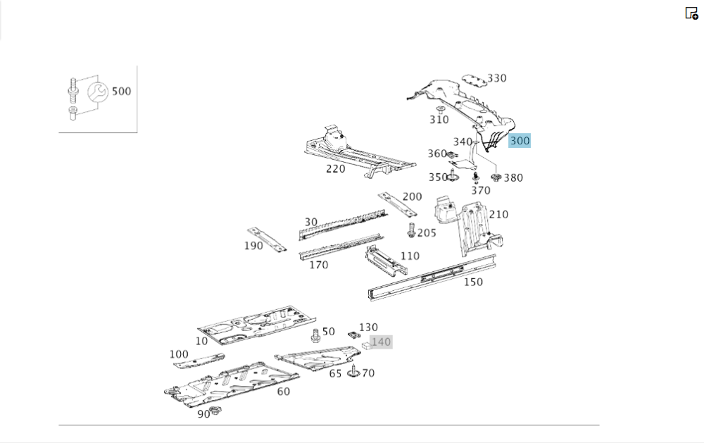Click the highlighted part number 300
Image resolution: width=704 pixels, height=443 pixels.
[x=520, y=141]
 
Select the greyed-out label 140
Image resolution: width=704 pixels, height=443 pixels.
[x=380, y=342]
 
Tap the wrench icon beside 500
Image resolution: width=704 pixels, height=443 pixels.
[x=98, y=92]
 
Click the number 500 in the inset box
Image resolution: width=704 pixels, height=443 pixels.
[x=121, y=92]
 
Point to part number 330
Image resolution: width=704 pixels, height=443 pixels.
[x=497, y=78]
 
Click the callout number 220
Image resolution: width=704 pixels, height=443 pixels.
[x=335, y=169]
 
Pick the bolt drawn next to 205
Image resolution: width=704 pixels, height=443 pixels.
[x=411, y=230]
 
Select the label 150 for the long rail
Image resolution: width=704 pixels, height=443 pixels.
[x=473, y=282]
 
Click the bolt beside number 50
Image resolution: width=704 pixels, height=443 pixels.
[x=315, y=335]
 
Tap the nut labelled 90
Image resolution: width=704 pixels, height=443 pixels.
[x=216, y=411]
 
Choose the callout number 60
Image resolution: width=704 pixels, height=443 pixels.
[x=283, y=392]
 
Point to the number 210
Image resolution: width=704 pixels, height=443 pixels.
[x=498, y=215]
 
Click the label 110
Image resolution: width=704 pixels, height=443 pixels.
[x=410, y=256]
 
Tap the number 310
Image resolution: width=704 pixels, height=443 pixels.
[x=439, y=120]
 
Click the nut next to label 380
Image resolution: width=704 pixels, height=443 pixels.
[x=496, y=176]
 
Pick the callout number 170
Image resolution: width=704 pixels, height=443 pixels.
[x=318, y=266]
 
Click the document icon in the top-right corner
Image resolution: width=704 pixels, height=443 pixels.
[x=691, y=13]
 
